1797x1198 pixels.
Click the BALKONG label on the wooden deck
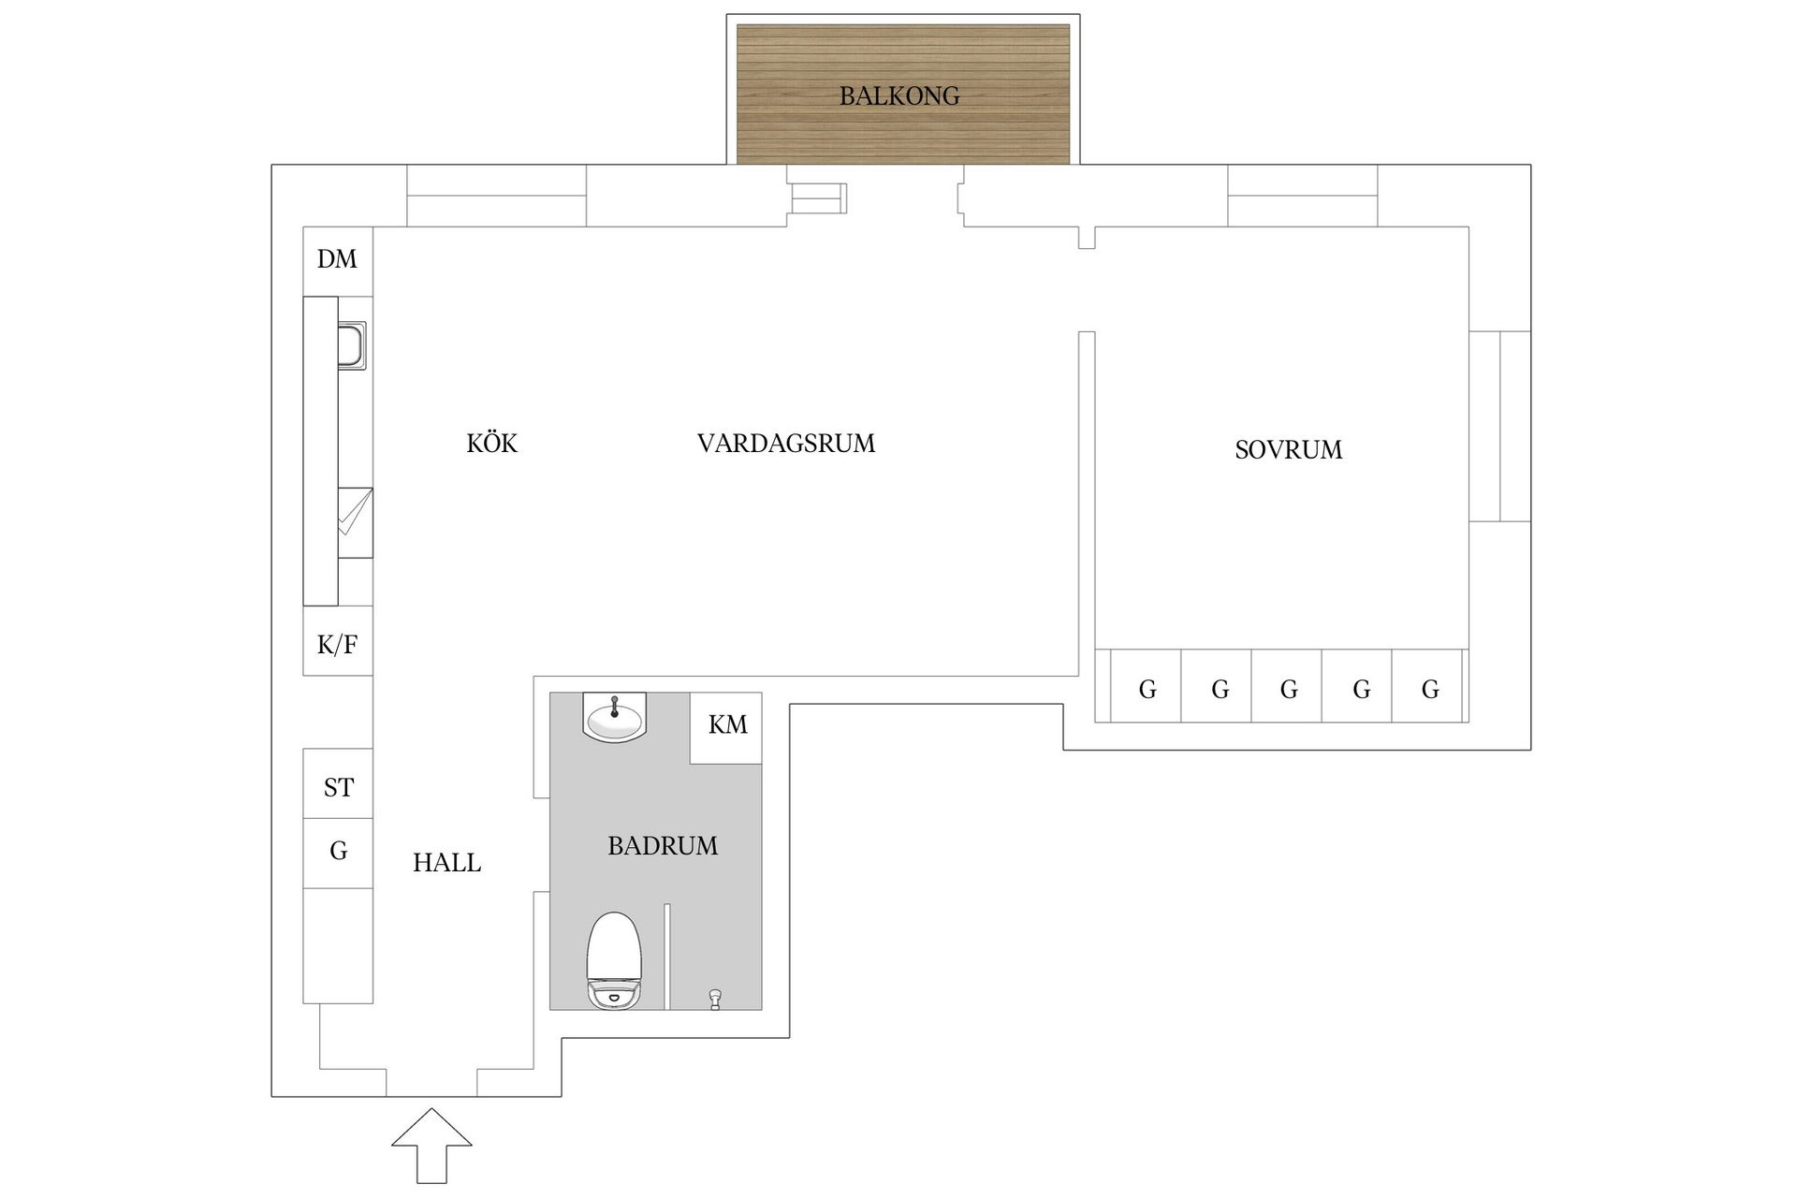pos(898,95)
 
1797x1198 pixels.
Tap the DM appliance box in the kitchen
pos(337,260)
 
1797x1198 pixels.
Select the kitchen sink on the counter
pos(352,344)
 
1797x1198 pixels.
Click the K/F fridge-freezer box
pos(337,643)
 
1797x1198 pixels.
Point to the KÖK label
pos(491,443)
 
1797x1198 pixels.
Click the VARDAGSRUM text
pos(785,443)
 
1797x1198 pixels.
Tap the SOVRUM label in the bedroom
pos(1288,450)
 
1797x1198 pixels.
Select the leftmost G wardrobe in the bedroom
pos(1147,689)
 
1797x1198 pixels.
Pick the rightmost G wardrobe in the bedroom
pos(1429,689)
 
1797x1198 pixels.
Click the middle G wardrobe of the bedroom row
pos(1288,689)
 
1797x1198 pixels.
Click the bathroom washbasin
pos(614,718)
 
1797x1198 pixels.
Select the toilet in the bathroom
pos(613,959)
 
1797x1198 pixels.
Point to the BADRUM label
pos(663,846)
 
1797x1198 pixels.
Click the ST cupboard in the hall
pos(338,786)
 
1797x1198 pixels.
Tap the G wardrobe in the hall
pos(338,852)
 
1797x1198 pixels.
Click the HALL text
pos(446,863)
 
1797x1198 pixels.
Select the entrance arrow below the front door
pos(431,1144)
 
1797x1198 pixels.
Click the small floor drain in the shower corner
pos(716,999)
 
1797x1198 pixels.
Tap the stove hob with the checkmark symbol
pos(355,522)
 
